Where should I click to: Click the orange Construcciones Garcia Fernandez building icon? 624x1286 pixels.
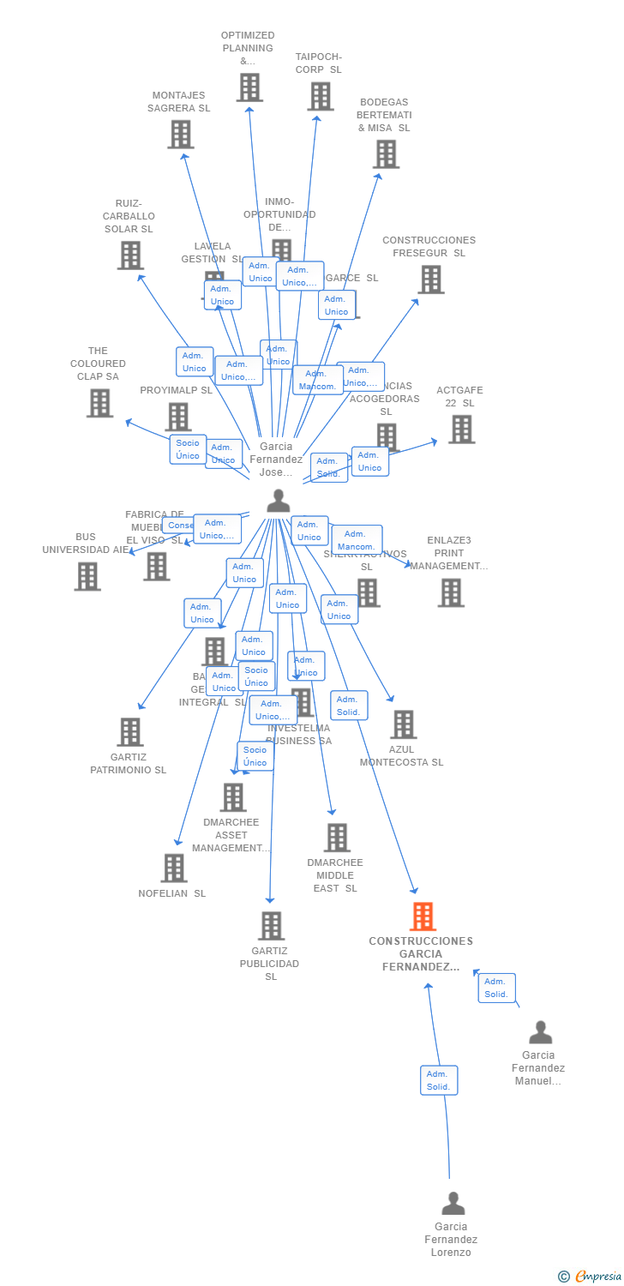pos(423,916)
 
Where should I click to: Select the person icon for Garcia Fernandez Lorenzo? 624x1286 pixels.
pos(453,1203)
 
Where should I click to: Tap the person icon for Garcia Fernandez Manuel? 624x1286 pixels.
pos(540,1031)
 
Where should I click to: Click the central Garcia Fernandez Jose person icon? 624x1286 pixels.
pos(278,501)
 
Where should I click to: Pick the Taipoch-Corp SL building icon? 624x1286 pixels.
pos(320,96)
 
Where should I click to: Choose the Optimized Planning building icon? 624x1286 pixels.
pos(249,87)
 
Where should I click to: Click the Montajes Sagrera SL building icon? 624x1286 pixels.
pos(180,134)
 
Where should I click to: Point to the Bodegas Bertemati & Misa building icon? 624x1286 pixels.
pos(386,153)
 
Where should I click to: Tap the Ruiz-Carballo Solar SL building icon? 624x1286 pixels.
pos(129,255)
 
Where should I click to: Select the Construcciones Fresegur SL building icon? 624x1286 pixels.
pos(430,279)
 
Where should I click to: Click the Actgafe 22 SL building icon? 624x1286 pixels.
pos(461,429)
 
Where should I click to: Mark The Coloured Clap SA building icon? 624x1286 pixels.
pos(99,402)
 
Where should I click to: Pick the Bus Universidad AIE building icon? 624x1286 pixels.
pos(87,576)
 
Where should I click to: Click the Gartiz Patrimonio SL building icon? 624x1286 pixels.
pos(129,731)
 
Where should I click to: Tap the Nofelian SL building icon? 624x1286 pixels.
pos(173,868)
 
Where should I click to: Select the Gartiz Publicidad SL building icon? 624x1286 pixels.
pos(271,925)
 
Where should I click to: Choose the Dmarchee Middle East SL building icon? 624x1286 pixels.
pos(337,837)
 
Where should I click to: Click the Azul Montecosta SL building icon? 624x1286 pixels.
pos(403,724)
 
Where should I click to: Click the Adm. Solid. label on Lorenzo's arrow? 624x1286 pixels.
pos(439,1080)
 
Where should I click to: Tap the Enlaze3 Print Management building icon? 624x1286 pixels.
pos(450,592)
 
